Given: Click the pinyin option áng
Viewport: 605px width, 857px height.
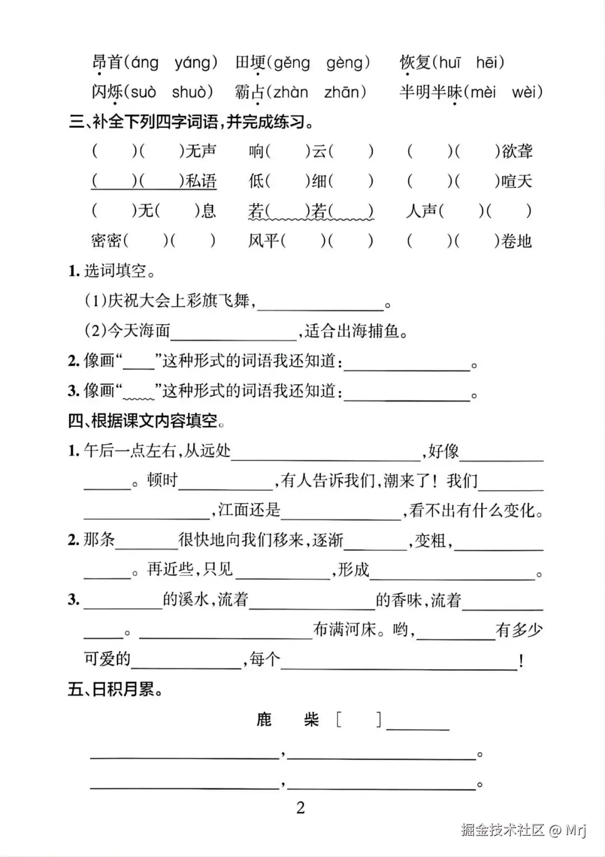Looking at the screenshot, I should tap(145, 63).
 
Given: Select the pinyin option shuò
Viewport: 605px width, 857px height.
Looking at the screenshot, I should tap(192, 92).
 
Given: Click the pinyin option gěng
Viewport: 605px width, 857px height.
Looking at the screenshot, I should tap(291, 63).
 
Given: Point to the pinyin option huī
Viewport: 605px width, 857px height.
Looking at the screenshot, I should tap(449, 63).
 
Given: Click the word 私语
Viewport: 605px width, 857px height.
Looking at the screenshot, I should tap(201, 181).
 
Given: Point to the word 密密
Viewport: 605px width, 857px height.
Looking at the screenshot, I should tap(106, 241).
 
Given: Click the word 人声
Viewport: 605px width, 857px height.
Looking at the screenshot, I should tap(421, 211).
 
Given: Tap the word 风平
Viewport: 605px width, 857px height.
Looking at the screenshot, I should tap(264, 241).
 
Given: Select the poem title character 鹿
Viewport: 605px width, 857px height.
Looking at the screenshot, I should tap(264, 719).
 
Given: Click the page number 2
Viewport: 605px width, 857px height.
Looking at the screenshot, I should tap(301, 808).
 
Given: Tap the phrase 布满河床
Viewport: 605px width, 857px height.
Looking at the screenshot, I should tap(344, 630).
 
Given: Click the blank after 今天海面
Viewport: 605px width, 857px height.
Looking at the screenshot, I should tap(234, 333).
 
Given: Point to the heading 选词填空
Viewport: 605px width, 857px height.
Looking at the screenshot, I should tap(115, 271).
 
